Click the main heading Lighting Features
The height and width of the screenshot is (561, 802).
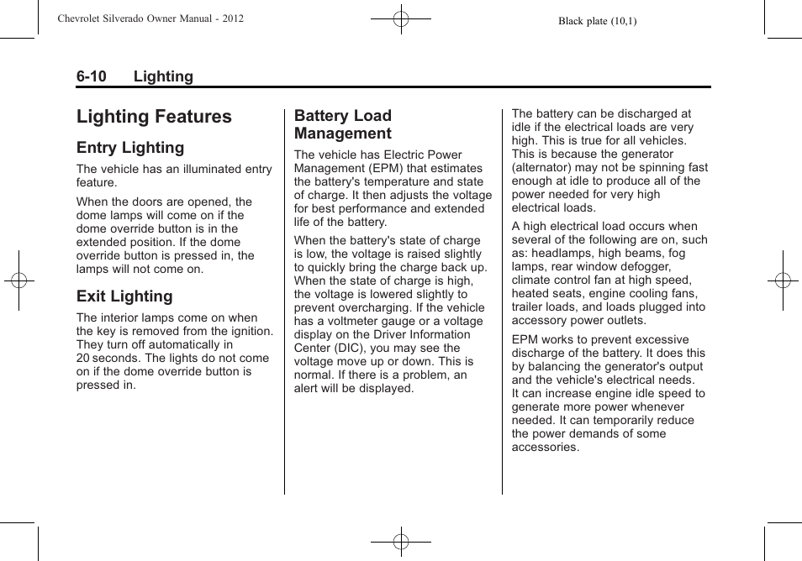tap(154, 117)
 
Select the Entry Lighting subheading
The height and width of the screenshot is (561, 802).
tap(130, 148)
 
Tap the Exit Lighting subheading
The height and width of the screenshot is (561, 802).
tap(124, 296)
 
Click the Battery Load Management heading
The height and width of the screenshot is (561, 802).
tap(343, 124)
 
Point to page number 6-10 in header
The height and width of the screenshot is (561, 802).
tap(92, 76)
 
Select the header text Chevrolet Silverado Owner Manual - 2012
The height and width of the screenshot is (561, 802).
tap(150, 18)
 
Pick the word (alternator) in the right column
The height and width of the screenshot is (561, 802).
tap(545, 167)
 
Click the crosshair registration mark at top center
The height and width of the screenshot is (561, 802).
tap(401, 18)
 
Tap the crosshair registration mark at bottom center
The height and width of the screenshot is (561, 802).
tap(401, 542)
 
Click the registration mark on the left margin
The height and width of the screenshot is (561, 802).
tap(18, 280)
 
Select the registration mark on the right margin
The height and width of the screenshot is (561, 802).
tap(782, 280)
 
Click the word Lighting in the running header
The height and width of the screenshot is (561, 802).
tap(163, 76)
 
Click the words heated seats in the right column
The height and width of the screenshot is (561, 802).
tap(547, 293)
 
